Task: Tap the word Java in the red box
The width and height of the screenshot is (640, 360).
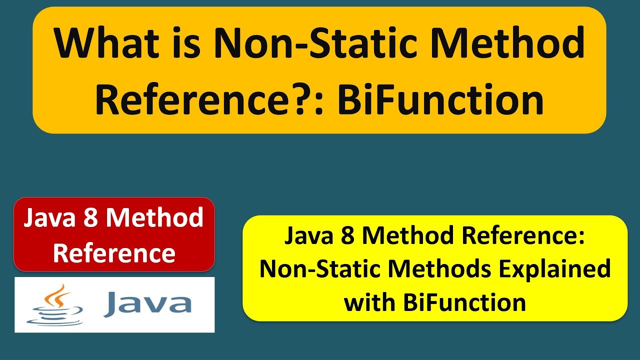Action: click(50, 218)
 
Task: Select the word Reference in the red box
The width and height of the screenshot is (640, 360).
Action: click(114, 253)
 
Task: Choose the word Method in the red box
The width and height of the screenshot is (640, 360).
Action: click(155, 218)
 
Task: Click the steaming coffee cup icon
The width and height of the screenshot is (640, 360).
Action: click(55, 306)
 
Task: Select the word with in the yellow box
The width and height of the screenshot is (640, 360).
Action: click(367, 303)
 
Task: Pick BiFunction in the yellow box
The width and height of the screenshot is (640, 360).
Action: click(460, 303)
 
